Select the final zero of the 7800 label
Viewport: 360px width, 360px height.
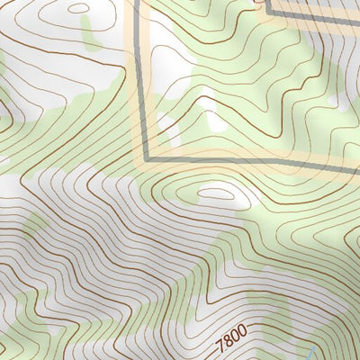tap(241, 336)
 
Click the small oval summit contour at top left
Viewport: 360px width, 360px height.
tap(79, 9)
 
